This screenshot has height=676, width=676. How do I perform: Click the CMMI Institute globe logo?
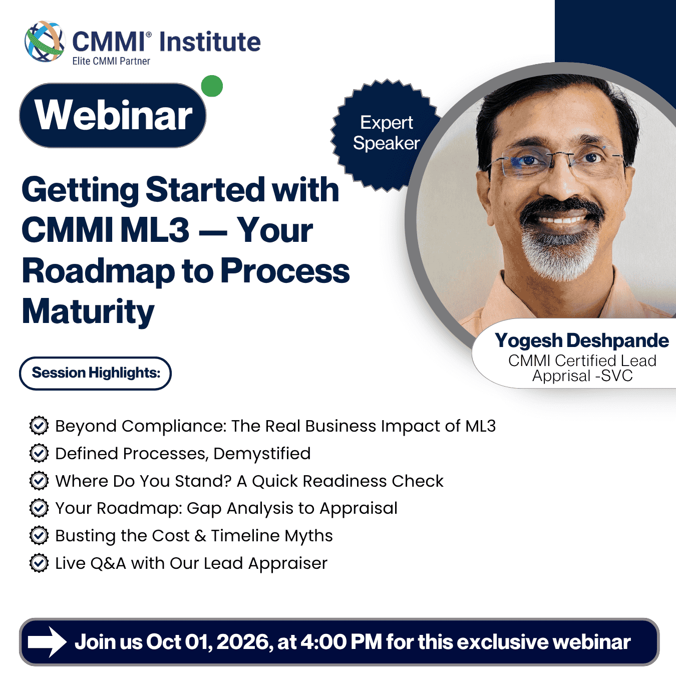pyautogui.click(x=45, y=42)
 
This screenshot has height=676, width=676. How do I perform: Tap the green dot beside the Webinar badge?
pyautogui.click(x=212, y=86)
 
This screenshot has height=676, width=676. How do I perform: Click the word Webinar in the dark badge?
pyautogui.click(x=113, y=115)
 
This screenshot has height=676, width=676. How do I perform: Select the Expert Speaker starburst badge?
pyautogui.click(x=386, y=135)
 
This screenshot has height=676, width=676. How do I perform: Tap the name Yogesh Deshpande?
pyautogui.click(x=582, y=341)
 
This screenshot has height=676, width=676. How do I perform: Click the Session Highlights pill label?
pyautogui.click(x=96, y=373)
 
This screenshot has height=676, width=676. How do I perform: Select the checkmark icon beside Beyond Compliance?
pyautogui.click(x=39, y=426)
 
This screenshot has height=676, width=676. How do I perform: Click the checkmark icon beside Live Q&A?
pyautogui.click(x=39, y=563)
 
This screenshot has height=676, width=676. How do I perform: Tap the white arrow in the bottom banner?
pyautogui.click(x=48, y=641)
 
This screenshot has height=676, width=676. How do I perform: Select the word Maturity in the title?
pyautogui.click(x=88, y=311)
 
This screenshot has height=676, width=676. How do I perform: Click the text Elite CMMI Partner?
pyautogui.click(x=111, y=61)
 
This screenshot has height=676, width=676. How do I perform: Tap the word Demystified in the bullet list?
pyautogui.click(x=262, y=454)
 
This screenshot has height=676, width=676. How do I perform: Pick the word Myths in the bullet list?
pyautogui.click(x=309, y=536)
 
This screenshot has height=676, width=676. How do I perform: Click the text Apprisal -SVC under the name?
pyautogui.click(x=582, y=376)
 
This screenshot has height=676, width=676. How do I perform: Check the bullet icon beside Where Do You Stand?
pyautogui.click(x=39, y=481)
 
